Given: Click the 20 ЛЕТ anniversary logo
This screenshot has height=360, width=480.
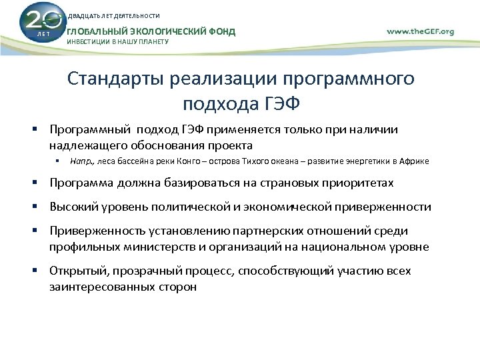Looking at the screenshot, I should click(39, 23).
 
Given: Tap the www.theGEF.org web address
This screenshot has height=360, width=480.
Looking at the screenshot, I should click(420, 31).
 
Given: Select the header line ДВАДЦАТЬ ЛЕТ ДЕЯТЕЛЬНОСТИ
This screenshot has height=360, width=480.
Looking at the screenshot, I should click(114, 15).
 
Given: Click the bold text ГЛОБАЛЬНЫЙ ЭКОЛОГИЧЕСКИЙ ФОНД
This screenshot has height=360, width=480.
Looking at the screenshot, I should click(151, 31).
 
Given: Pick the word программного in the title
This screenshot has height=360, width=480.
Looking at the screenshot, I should click(350, 79).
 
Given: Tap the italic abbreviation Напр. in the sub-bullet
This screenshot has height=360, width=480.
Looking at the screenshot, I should click(82, 161).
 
